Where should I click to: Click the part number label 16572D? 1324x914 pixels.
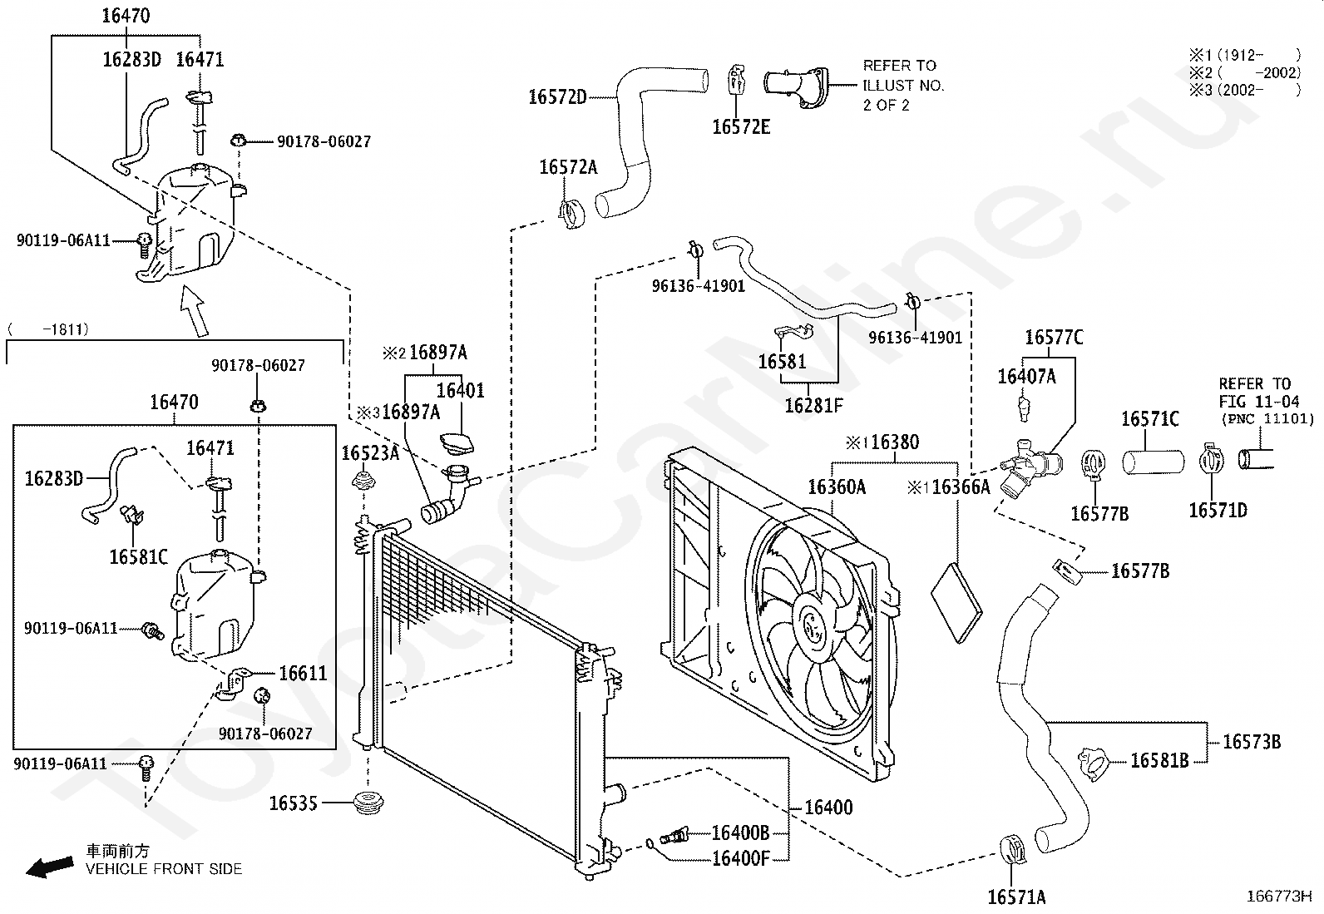tap(557, 97)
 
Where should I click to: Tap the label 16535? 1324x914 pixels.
tap(294, 803)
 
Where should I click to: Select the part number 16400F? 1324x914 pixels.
tap(741, 858)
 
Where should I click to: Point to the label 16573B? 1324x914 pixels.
tap(1252, 741)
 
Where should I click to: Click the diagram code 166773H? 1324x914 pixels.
tap(1279, 897)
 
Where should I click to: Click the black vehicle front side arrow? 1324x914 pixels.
tap(50, 867)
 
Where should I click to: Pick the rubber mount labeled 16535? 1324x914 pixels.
tap(368, 803)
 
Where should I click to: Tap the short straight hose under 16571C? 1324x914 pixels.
tap(1154, 462)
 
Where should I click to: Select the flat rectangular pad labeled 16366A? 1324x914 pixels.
tap(956, 603)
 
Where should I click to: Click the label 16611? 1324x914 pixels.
tap(303, 674)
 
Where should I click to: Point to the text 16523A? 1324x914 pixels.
tap(371, 453)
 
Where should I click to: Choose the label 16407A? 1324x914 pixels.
tap(1027, 377)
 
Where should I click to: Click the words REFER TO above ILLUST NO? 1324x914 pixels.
tap(900, 66)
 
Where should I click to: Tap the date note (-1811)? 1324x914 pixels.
tap(48, 329)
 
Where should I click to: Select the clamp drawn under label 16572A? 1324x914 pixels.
tap(571, 214)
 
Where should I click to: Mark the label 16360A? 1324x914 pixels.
tap(837, 487)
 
